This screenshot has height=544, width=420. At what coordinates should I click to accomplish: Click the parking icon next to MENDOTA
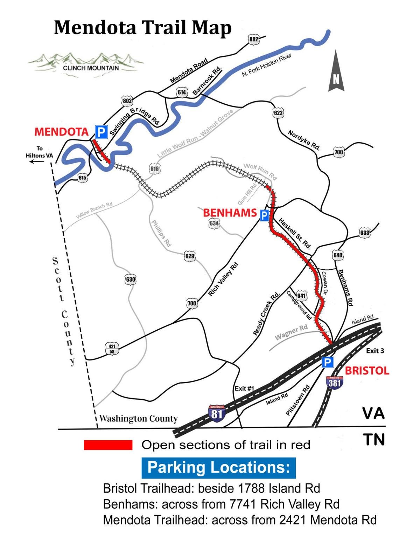tap(101, 132)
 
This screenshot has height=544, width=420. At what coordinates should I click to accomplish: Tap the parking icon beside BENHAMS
tap(264, 215)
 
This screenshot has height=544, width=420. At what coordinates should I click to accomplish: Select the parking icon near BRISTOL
tap(328, 362)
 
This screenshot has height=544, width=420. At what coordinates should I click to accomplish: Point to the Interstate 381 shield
tap(334, 383)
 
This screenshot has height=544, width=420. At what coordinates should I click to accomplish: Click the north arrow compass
tap(336, 72)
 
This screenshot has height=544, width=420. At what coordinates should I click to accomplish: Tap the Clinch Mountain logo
tap(86, 63)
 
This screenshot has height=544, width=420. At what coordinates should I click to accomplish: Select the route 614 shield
tap(182, 92)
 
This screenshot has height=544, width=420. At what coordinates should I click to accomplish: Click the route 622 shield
tap(278, 113)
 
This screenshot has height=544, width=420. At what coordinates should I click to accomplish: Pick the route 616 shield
tap(154, 169)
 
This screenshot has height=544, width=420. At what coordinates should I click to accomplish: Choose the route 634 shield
tap(214, 223)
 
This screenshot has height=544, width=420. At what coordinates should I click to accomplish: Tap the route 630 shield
tap(131, 280)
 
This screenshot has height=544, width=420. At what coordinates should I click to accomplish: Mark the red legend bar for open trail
tap(108, 445)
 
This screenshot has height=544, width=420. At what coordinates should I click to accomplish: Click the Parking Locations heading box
tap(218, 468)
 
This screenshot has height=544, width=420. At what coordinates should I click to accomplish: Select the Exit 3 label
tap(375, 351)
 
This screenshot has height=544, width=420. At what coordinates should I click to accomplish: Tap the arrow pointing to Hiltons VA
tap(37, 161)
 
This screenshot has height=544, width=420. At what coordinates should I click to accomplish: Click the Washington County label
tap(138, 419)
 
